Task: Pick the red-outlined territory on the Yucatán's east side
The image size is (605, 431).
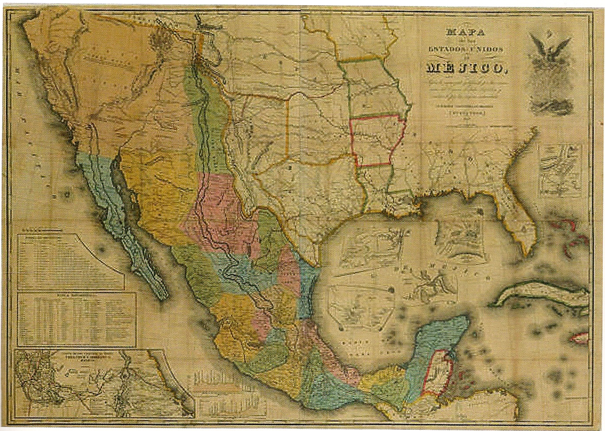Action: pos(437,371)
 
